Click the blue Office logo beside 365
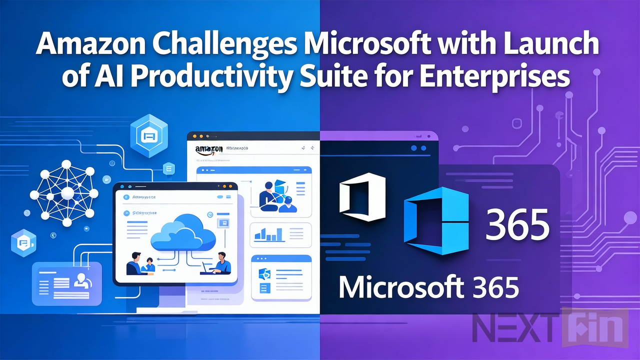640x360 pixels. click(x=436, y=220)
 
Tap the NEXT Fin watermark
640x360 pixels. click(x=550, y=328)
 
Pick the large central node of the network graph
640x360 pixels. click(x=67, y=192)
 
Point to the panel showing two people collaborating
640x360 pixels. click(x=280, y=192)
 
